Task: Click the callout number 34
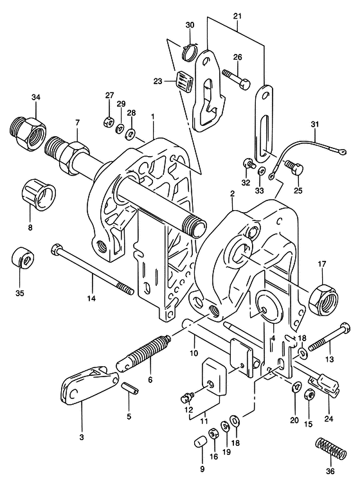[x=35, y=97]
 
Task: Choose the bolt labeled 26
[x=237, y=80]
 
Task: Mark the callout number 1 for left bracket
[x=153, y=117]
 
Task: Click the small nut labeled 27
[x=109, y=121]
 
